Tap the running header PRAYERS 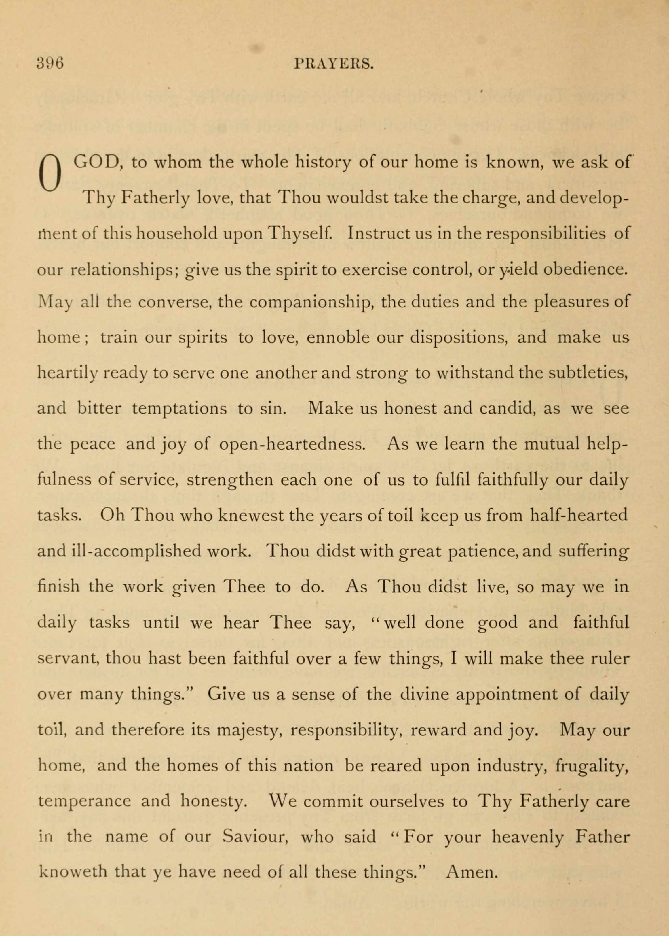coord(334,64)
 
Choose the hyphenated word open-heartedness coord(292,444)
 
